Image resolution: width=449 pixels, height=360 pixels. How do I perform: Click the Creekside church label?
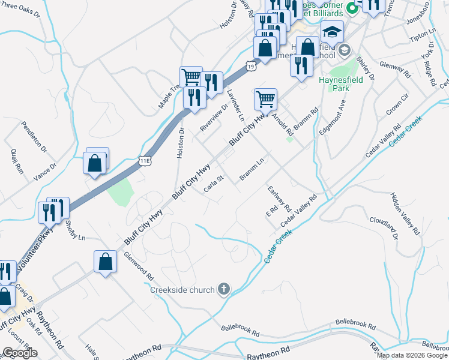coord(182,290)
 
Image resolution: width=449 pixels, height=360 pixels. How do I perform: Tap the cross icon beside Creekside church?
coord(223,290)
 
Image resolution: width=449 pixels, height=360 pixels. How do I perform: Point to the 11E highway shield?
coord(143,161)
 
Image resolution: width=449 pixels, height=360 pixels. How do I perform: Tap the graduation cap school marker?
coord(332,32)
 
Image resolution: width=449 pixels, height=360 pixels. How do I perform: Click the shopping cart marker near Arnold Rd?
coord(265,98)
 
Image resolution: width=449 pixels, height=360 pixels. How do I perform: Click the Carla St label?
coord(213,188)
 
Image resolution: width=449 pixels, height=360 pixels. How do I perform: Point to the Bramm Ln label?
coord(252,169)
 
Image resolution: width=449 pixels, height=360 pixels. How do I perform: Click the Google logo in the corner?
coord(20,353)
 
